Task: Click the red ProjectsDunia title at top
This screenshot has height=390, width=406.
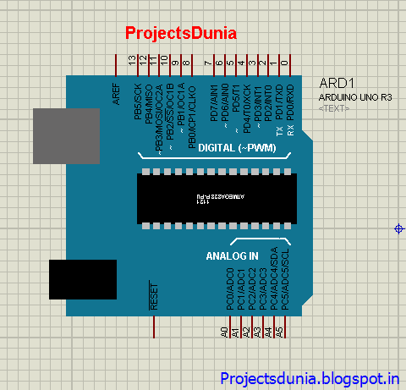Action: coord(180,33)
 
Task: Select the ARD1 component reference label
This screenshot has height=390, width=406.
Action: coord(335,84)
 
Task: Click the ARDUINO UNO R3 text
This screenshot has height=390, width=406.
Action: coord(355,98)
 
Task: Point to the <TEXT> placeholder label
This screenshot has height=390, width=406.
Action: coord(334,109)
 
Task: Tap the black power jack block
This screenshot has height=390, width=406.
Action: coord(82,279)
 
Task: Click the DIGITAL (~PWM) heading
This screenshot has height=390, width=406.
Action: coord(230,148)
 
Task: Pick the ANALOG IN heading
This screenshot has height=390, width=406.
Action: coord(232,255)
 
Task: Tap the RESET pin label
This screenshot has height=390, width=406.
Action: coord(153,297)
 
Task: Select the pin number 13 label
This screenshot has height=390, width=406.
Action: coord(132,61)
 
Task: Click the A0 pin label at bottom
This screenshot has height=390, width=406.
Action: coord(224,332)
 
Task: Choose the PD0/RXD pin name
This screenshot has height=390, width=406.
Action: coord(290,101)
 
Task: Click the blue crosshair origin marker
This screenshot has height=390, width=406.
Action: coord(398,228)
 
